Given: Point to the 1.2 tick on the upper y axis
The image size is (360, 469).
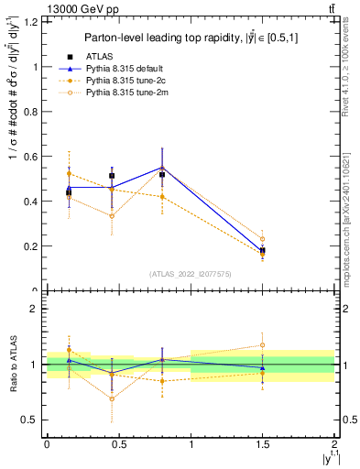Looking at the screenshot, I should coord(32,21).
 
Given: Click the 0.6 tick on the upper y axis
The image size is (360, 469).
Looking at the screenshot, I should coord(32,157).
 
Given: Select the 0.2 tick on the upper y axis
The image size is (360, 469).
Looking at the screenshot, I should coord(32,245).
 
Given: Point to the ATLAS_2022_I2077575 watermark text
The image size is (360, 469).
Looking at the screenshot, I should coord(190,274).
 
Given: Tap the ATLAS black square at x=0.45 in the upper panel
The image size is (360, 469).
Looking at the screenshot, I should coord(112,175).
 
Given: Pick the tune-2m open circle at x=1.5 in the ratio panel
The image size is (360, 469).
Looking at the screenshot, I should coord(263,345).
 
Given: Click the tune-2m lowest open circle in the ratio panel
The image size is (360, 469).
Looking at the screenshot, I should coord(112,398).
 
